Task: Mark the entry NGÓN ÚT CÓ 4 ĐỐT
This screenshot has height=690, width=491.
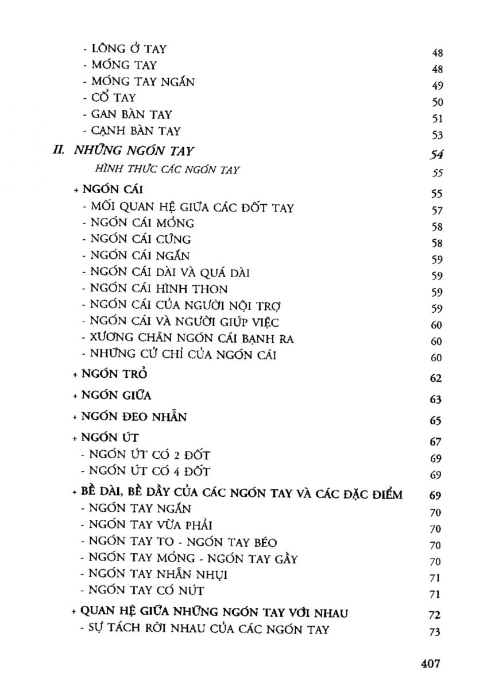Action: click(146, 473)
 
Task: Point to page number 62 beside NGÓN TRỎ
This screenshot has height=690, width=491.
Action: click(435, 378)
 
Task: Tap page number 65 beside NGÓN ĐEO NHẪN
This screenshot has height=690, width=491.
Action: click(435, 421)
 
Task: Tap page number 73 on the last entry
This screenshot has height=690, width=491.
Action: click(435, 632)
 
